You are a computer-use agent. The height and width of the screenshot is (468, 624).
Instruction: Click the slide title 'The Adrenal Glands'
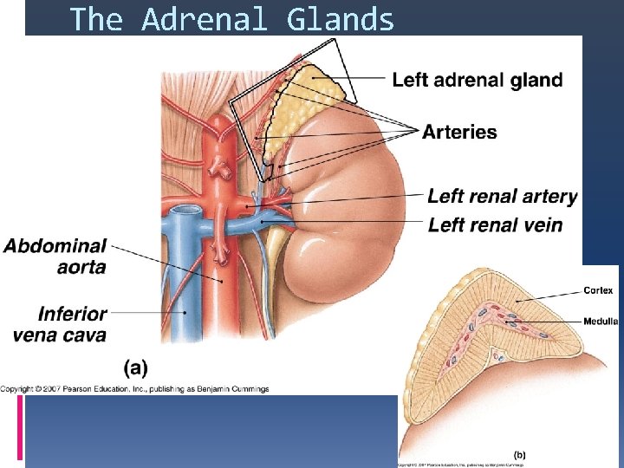tap(231, 19)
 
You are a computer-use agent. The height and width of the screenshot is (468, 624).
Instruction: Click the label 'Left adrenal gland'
tap(478, 81)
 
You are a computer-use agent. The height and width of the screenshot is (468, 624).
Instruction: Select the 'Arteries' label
tap(459, 133)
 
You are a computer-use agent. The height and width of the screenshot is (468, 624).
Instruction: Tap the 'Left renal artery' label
tap(502, 197)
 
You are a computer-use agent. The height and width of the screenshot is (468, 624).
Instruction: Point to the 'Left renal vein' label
tap(495, 225)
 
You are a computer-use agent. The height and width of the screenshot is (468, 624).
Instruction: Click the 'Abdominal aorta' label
tap(55, 257)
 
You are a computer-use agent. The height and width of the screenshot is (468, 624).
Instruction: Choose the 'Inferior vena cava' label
tap(61, 323)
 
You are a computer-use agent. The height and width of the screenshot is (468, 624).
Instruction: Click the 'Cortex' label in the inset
tap(598, 290)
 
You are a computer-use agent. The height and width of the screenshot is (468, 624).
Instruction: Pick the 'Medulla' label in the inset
tap(601, 322)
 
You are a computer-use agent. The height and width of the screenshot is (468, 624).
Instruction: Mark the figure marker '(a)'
tap(135, 367)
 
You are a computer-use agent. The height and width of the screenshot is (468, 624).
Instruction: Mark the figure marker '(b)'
tap(519, 454)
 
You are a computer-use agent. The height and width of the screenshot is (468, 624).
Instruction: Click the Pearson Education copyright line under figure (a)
tap(134, 388)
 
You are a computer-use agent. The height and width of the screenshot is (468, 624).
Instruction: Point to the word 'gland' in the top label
tap(536, 81)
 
